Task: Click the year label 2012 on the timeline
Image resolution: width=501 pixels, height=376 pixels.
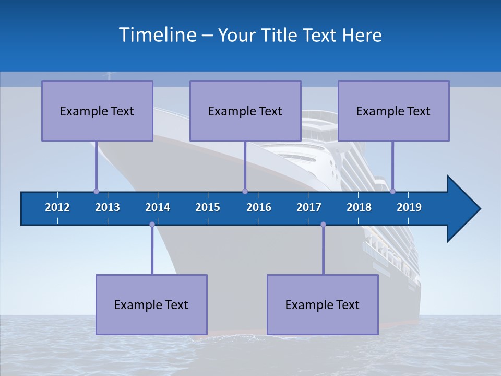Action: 57,207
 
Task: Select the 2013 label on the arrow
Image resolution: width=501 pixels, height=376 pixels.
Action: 108,207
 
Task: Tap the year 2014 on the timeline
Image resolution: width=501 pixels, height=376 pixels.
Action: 158,207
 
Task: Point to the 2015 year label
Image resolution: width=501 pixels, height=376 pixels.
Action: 208,207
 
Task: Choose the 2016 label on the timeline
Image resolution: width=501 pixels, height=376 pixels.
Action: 259,207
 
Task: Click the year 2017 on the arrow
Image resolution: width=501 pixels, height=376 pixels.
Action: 309,207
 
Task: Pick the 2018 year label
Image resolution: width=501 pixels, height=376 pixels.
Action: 359,207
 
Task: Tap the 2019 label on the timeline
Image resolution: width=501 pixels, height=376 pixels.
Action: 409,207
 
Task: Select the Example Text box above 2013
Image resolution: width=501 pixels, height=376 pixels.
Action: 97,111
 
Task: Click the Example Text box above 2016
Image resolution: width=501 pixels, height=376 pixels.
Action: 245,111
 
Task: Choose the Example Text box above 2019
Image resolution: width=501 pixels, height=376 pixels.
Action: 393,111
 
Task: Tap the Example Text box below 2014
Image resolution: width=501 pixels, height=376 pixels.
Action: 151,304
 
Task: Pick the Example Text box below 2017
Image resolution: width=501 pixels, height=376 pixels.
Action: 323,304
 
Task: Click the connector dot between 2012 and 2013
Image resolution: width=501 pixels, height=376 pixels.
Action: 96,191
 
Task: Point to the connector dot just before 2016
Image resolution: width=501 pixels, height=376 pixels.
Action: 245,191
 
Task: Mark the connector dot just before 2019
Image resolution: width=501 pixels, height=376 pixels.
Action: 393,191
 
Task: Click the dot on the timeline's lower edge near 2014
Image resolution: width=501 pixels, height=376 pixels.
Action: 152,225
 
